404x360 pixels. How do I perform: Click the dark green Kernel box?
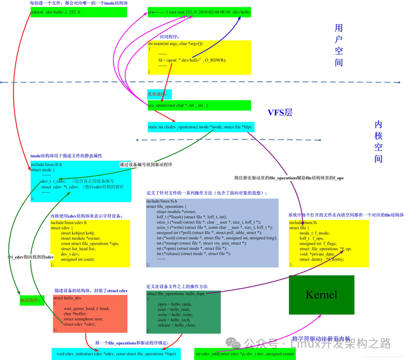point(322,294)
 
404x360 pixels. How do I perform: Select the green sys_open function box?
point(199,105)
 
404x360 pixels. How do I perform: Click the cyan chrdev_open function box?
point(200,127)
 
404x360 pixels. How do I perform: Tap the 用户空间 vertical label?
point(338,45)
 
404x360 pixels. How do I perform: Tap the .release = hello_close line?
point(177,325)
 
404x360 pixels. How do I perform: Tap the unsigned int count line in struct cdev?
point(78,260)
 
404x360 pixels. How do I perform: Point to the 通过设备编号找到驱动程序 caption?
point(146,165)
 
